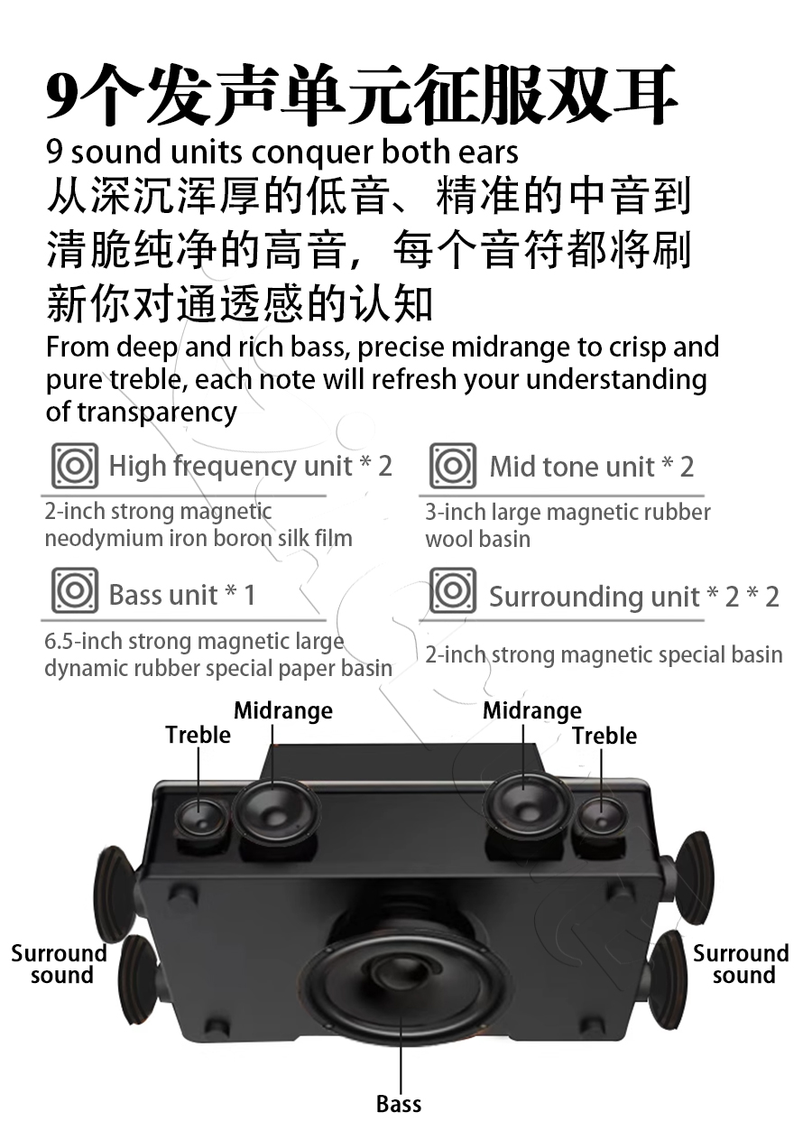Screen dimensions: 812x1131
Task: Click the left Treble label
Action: [198, 735]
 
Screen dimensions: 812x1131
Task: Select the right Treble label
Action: [604, 736]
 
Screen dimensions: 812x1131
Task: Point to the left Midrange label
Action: [283, 711]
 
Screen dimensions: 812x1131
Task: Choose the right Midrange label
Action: [532, 711]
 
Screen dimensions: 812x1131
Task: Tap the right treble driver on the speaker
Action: [602, 819]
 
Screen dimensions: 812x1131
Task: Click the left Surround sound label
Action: [60, 964]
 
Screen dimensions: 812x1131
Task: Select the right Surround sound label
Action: [741, 964]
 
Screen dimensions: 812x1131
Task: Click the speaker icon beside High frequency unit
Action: [75, 466]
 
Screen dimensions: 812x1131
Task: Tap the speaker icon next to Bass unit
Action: [75, 589]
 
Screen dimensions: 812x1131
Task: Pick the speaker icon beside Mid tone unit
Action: [453, 466]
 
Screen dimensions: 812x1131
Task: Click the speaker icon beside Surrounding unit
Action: [453, 589]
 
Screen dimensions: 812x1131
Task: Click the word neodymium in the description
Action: [104, 539]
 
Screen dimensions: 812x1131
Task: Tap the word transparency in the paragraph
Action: [157, 413]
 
